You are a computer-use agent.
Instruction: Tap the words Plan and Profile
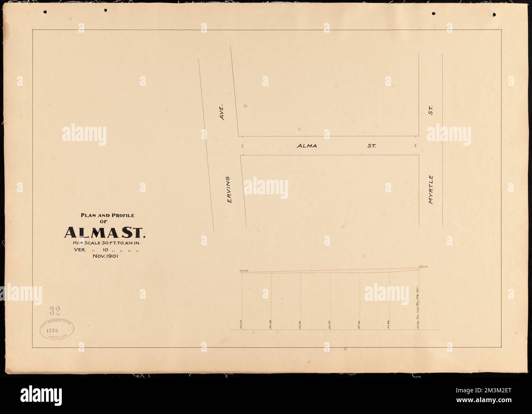(104, 215)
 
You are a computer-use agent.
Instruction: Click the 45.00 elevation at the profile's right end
(422, 267)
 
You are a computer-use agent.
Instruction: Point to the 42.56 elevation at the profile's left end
(244, 270)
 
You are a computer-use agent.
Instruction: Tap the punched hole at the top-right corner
(494, 14)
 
